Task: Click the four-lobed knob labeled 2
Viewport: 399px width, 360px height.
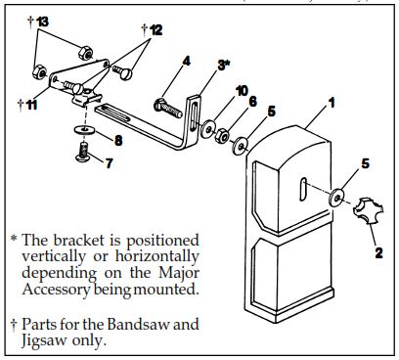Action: coord(368,211)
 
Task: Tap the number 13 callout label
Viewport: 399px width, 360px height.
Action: coord(42,22)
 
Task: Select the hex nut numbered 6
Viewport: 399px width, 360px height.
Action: coord(222,136)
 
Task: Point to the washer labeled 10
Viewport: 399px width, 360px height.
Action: coord(207,129)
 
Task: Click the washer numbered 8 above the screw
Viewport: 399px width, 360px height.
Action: coord(85,130)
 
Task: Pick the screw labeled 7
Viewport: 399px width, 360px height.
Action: coord(83,153)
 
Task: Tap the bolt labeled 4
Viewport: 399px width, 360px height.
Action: coord(167,109)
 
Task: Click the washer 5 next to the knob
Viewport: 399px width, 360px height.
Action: coord(337,197)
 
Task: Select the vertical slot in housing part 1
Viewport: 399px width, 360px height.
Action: coord(303,189)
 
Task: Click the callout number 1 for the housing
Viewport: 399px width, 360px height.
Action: coord(332,103)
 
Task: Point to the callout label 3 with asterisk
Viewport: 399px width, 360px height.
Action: coord(224,65)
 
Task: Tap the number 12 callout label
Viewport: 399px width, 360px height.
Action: coord(155,30)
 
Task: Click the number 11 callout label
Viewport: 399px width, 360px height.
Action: coord(31,105)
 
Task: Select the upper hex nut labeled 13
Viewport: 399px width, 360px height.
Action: coord(86,52)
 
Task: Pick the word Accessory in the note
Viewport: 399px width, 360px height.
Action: coord(56,290)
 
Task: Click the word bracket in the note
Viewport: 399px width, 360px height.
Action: coord(78,241)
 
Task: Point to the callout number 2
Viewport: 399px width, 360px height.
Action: coord(378,252)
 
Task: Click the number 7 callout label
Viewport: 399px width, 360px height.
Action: coord(110,162)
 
